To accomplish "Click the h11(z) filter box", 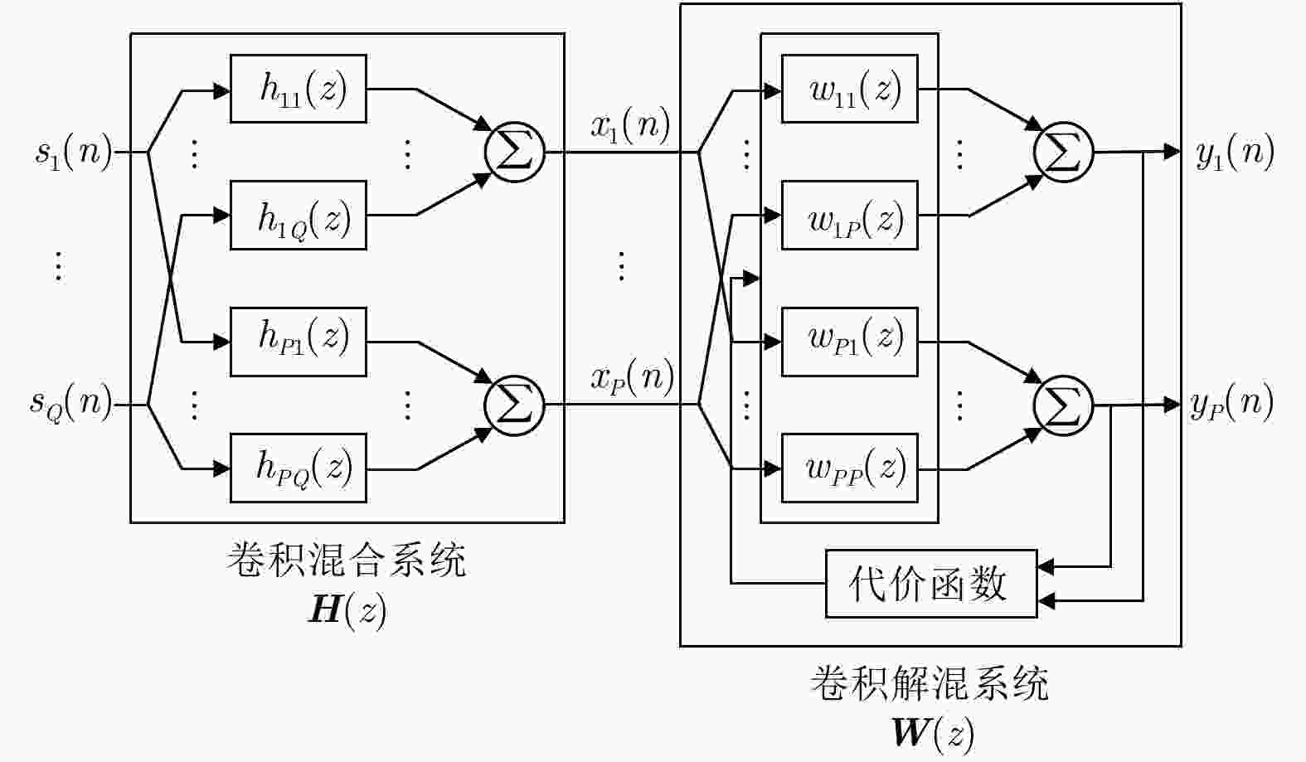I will [x=298, y=89].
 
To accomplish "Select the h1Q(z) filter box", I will [x=298, y=216].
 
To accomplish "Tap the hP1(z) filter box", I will [x=298, y=342].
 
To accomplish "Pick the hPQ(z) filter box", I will [x=298, y=468].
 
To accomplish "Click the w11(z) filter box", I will [x=849, y=89].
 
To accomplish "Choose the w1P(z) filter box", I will [x=849, y=216].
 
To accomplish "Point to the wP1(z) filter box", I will [x=849, y=342].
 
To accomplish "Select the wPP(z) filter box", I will [x=849, y=468].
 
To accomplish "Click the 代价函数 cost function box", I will [x=930, y=584].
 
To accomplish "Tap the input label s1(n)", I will [x=73, y=153].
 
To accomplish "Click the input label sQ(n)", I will [x=71, y=404].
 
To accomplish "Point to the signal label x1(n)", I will [x=630, y=126].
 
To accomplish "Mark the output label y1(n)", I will [x=1235, y=153].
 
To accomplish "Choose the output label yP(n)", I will [x=1232, y=404].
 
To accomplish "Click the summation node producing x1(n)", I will [x=514, y=153].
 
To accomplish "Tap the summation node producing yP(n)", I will [x=1064, y=405].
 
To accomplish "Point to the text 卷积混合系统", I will [x=347, y=561].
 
